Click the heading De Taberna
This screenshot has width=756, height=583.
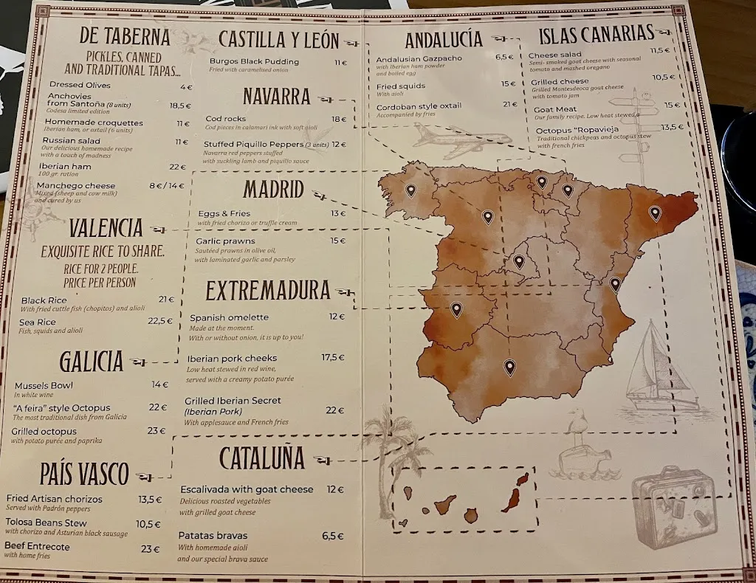(x=124, y=37)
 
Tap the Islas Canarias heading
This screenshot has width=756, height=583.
(x=597, y=34)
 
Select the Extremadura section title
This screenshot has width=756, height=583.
(x=267, y=291)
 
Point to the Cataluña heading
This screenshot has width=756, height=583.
(x=261, y=458)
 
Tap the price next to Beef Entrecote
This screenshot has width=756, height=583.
(x=151, y=548)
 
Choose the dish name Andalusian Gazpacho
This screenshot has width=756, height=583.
(x=419, y=59)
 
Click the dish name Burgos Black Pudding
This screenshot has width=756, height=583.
(x=254, y=62)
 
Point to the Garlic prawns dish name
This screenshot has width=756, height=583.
(x=225, y=241)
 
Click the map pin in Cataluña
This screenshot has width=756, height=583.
(x=654, y=213)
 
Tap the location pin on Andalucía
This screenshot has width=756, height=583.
(x=509, y=366)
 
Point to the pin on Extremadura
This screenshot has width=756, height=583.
(x=456, y=309)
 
